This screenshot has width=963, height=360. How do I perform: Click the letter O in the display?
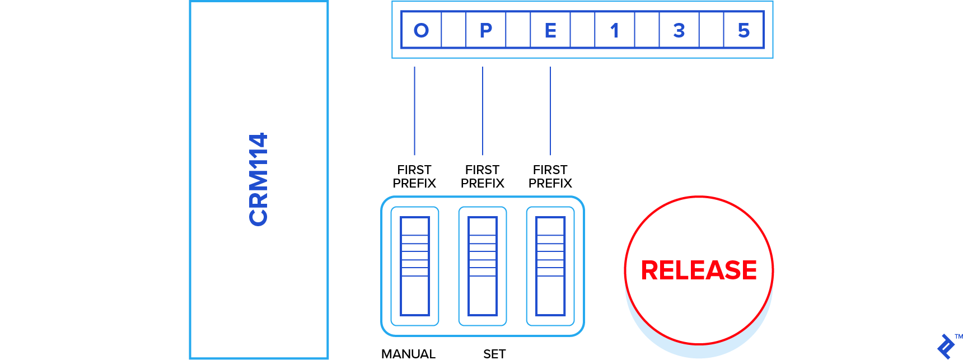pos(421,30)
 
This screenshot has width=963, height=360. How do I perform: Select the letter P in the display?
pos(486,30)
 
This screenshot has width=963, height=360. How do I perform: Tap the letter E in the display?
pos(550,30)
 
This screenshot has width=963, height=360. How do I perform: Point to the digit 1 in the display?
pos(615,30)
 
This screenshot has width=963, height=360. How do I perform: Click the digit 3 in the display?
pos(679,30)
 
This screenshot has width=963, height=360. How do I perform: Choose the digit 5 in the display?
pos(744,30)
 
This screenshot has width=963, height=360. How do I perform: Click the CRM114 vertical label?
pos(259,179)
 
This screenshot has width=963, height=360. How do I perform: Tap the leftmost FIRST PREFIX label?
pos(414,176)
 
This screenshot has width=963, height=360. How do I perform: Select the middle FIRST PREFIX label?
pos(482,176)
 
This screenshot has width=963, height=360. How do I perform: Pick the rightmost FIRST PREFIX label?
pos(550,176)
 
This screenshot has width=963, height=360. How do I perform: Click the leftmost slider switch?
pos(415,266)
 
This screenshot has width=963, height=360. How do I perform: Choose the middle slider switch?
pos(483,266)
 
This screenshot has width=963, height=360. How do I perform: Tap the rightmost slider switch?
pos(550,266)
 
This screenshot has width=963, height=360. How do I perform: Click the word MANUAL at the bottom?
pos(408,354)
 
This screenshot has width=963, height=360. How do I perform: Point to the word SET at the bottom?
pos(494,354)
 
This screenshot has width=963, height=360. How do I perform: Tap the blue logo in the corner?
pos(946,346)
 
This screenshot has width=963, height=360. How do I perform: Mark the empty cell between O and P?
pos(454,30)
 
